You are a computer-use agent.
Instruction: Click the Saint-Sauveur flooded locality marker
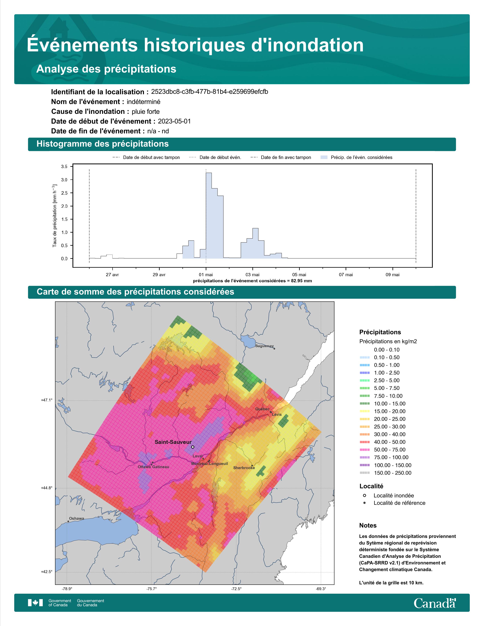pyautogui.click(x=193, y=447)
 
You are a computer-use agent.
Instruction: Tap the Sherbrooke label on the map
pyautogui.click(x=244, y=468)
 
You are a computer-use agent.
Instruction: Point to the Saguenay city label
pyautogui.click(x=264, y=346)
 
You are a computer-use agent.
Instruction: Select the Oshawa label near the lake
pyautogui.click(x=76, y=518)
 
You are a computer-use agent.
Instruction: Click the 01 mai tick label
pyautogui.click(x=206, y=275)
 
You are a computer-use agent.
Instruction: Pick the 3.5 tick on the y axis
pyautogui.click(x=65, y=167)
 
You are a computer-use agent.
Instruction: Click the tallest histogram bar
pyautogui.click(x=209, y=215)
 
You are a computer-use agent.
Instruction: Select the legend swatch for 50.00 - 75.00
pyautogui.click(x=364, y=450)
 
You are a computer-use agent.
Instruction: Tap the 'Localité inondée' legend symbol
pyautogui.click(x=364, y=495)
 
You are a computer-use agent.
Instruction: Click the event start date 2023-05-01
pyautogui.click(x=174, y=121)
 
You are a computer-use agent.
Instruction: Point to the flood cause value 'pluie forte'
pyautogui.click(x=146, y=112)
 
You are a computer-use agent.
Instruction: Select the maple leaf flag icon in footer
pyautogui.click(x=35, y=603)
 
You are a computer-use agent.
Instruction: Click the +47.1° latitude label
pyautogui.click(x=47, y=400)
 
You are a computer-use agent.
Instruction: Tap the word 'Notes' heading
pyautogui.click(x=368, y=525)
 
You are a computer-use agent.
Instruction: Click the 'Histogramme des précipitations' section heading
pyautogui.click(x=103, y=144)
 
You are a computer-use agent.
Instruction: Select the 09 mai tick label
pyautogui.click(x=393, y=275)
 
